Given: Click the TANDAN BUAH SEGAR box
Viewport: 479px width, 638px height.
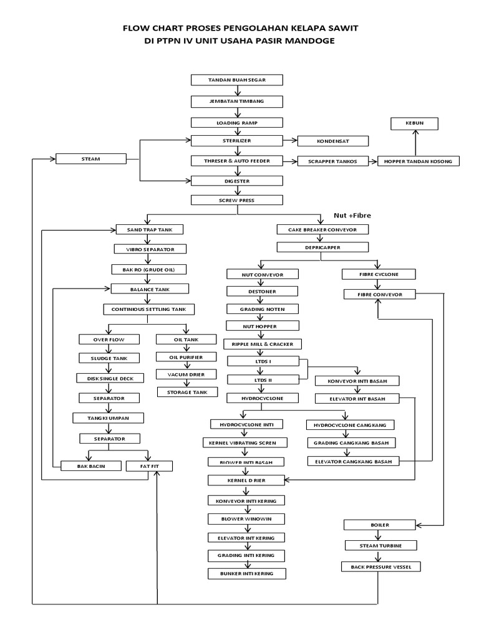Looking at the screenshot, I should [x=236, y=80].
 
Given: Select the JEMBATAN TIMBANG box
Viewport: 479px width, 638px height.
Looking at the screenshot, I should [x=236, y=101].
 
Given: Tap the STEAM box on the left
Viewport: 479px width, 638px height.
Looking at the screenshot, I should [x=90, y=159].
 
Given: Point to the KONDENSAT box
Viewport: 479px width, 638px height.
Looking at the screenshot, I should [x=332, y=141].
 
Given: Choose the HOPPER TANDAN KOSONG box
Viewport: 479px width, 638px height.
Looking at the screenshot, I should [x=419, y=161].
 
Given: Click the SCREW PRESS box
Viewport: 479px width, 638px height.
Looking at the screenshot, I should [x=236, y=200].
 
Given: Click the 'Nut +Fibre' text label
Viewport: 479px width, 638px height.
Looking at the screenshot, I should [x=352, y=215].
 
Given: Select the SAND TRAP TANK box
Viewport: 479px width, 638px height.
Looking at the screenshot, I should [x=150, y=229].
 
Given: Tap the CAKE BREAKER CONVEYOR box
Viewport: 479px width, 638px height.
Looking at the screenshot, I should [x=322, y=229].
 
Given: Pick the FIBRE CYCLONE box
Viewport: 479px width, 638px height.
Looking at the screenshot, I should [x=379, y=274].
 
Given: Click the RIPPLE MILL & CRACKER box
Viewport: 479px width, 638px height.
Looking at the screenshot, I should [x=263, y=343].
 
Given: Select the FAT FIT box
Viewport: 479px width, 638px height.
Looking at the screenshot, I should [x=149, y=465].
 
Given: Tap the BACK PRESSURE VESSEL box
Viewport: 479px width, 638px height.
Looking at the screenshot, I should [x=381, y=566].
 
